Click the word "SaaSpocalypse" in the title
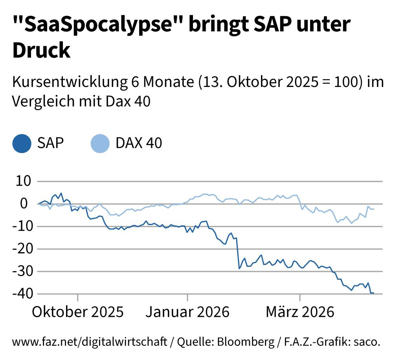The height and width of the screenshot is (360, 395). pyautogui.click(x=97, y=25)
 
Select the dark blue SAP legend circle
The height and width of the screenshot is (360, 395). pyautogui.click(x=22, y=143)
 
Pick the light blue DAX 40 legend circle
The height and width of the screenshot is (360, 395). pyautogui.click(x=100, y=143)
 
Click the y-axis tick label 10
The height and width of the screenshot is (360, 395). pyautogui.click(x=23, y=182)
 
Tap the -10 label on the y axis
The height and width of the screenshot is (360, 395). pyautogui.click(x=21, y=227)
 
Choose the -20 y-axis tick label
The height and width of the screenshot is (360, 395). pyautogui.click(x=21, y=249)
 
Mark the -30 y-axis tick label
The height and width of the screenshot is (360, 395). pyautogui.click(x=21, y=271)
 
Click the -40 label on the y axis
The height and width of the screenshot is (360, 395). pyautogui.click(x=21, y=294)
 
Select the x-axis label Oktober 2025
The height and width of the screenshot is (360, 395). pyautogui.click(x=78, y=312)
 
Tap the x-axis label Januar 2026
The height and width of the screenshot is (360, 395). pyautogui.click(x=187, y=312)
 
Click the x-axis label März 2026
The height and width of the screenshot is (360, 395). pyautogui.click(x=300, y=312)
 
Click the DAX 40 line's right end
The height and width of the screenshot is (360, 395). pyautogui.click(x=373, y=209)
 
